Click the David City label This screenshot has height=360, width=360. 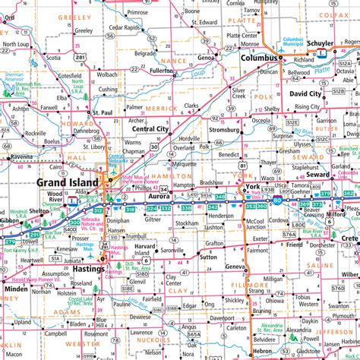pyautogui.click(x=305, y=93)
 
